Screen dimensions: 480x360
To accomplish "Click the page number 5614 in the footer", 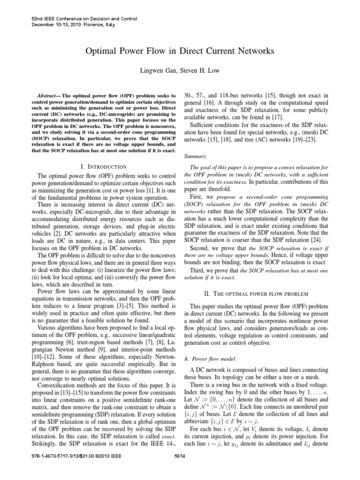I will [x=180, y=469].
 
